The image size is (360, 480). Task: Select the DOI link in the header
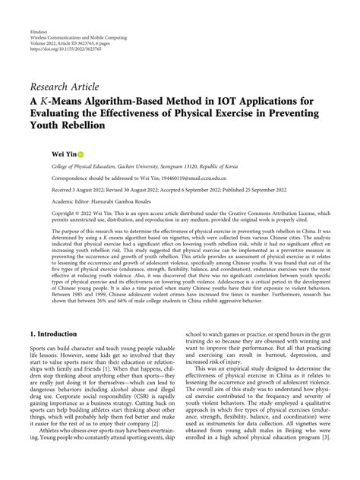pyautogui.click(x=65, y=54)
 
